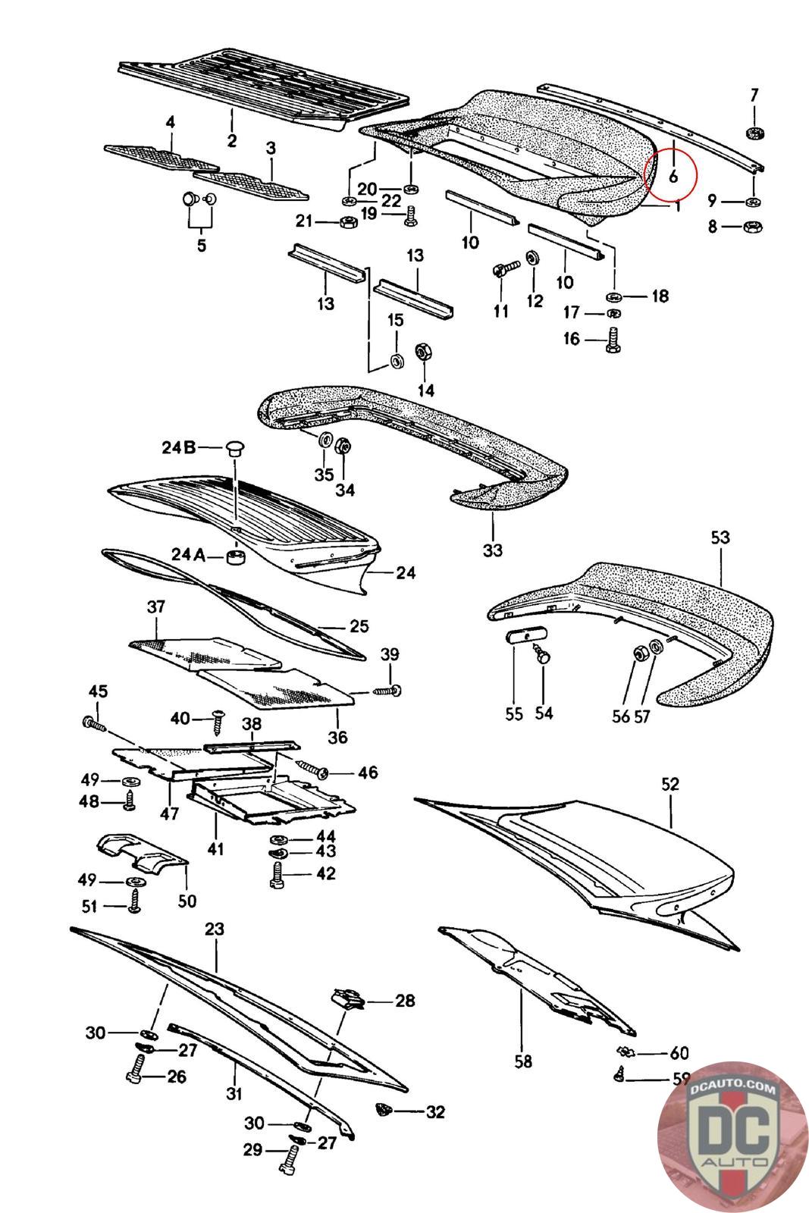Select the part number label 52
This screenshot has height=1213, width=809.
point(670,784)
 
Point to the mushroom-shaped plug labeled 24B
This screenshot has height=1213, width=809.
point(236,448)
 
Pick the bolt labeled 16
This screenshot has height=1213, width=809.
point(613,339)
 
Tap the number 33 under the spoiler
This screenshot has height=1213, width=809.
point(492,550)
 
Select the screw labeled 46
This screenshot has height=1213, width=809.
point(315,769)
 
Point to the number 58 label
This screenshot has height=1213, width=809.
point(522,1061)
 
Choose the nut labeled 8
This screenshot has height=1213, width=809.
point(753,226)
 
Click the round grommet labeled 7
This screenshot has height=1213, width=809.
point(754,134)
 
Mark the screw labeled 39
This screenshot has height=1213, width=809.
point(387,691)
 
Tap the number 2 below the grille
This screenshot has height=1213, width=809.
point(232,140)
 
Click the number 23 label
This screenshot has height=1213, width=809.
point(215,929)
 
